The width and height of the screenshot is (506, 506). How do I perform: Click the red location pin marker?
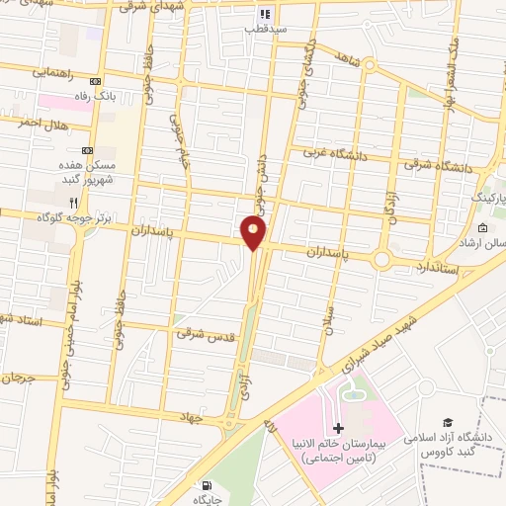click(253, 233)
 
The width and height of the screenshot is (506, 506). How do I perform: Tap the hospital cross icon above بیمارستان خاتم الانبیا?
click(339, 429)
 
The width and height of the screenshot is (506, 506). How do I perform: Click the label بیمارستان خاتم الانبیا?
click(339, 452)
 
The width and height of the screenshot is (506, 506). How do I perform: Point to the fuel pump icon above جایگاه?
click(206, 485)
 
